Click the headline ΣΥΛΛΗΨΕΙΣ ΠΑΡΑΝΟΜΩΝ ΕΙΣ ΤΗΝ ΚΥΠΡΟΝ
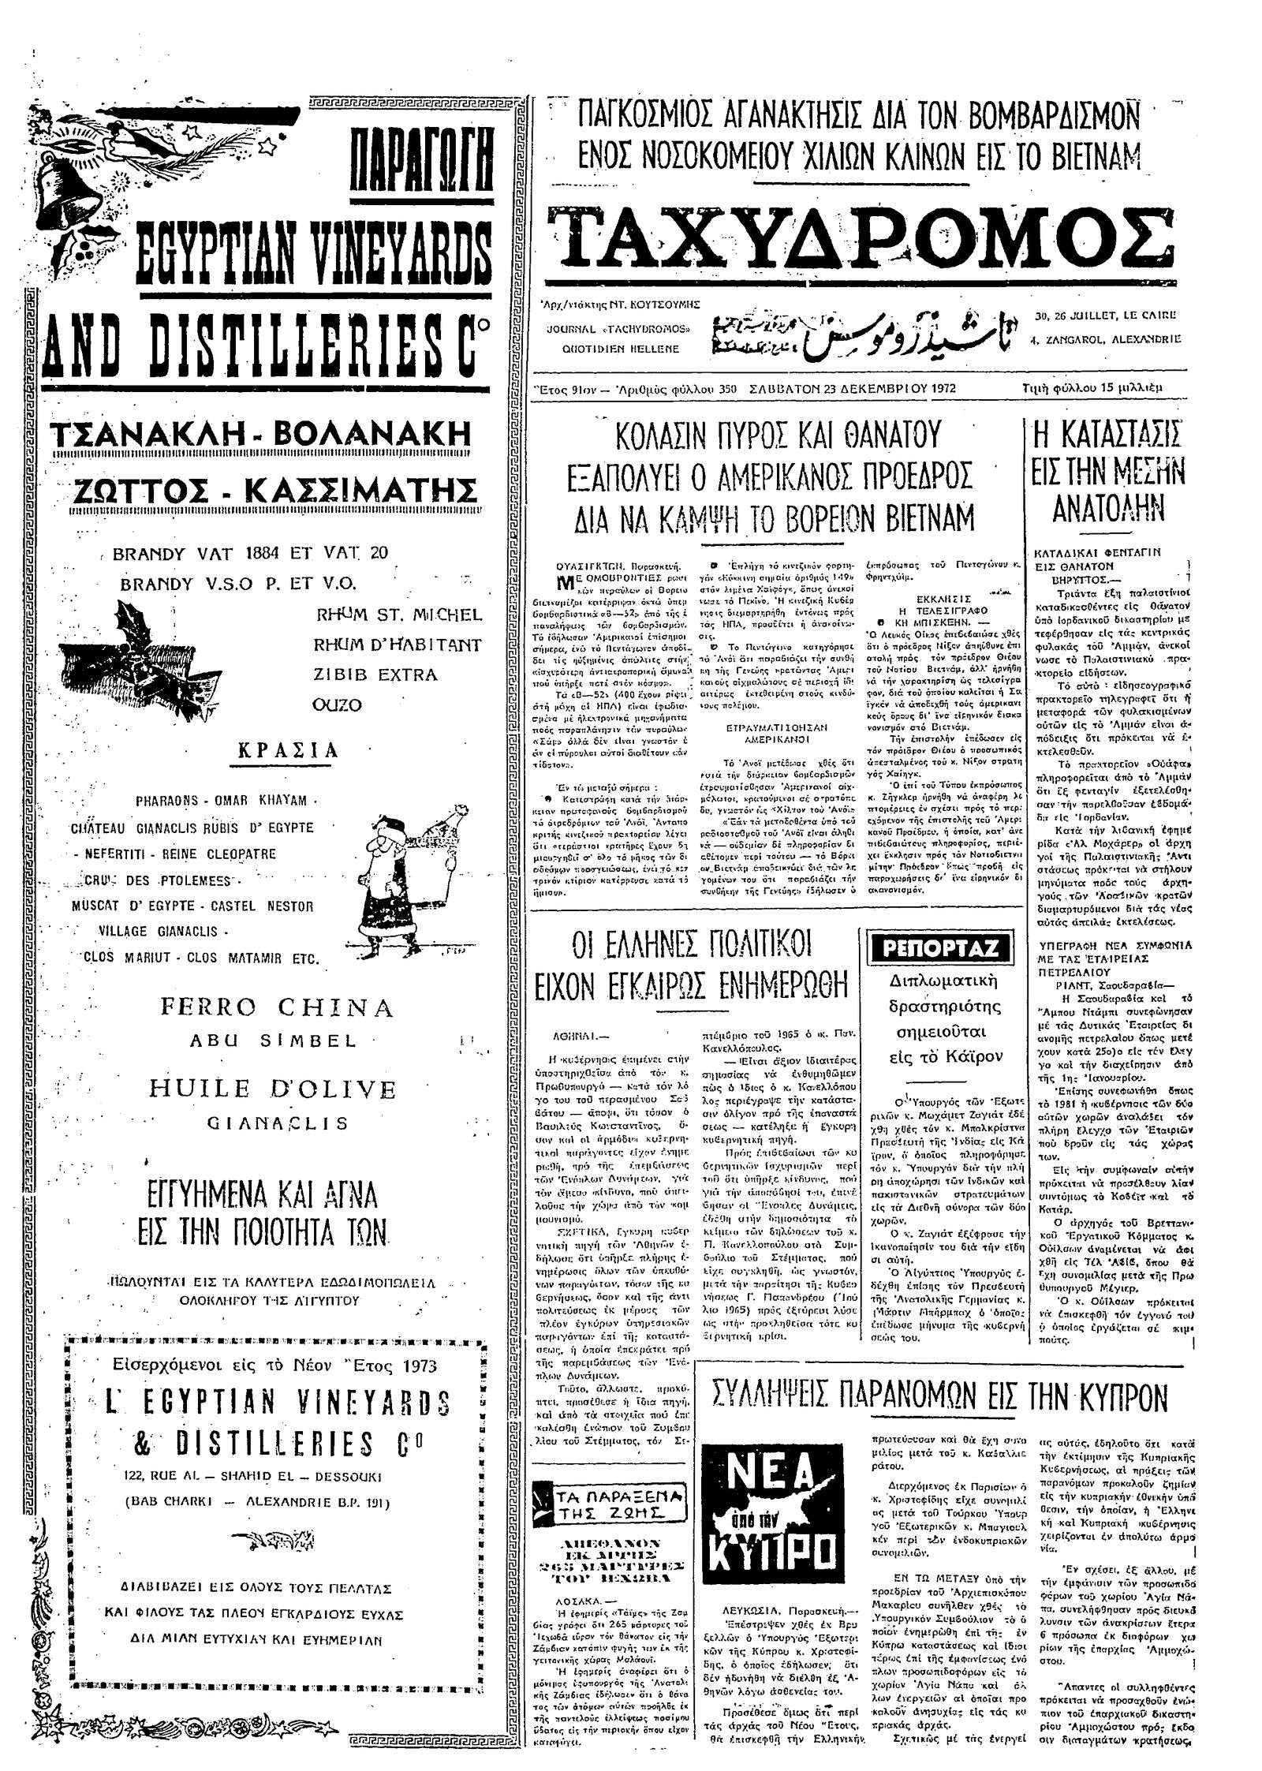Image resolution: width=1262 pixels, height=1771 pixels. coord(939,1401)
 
